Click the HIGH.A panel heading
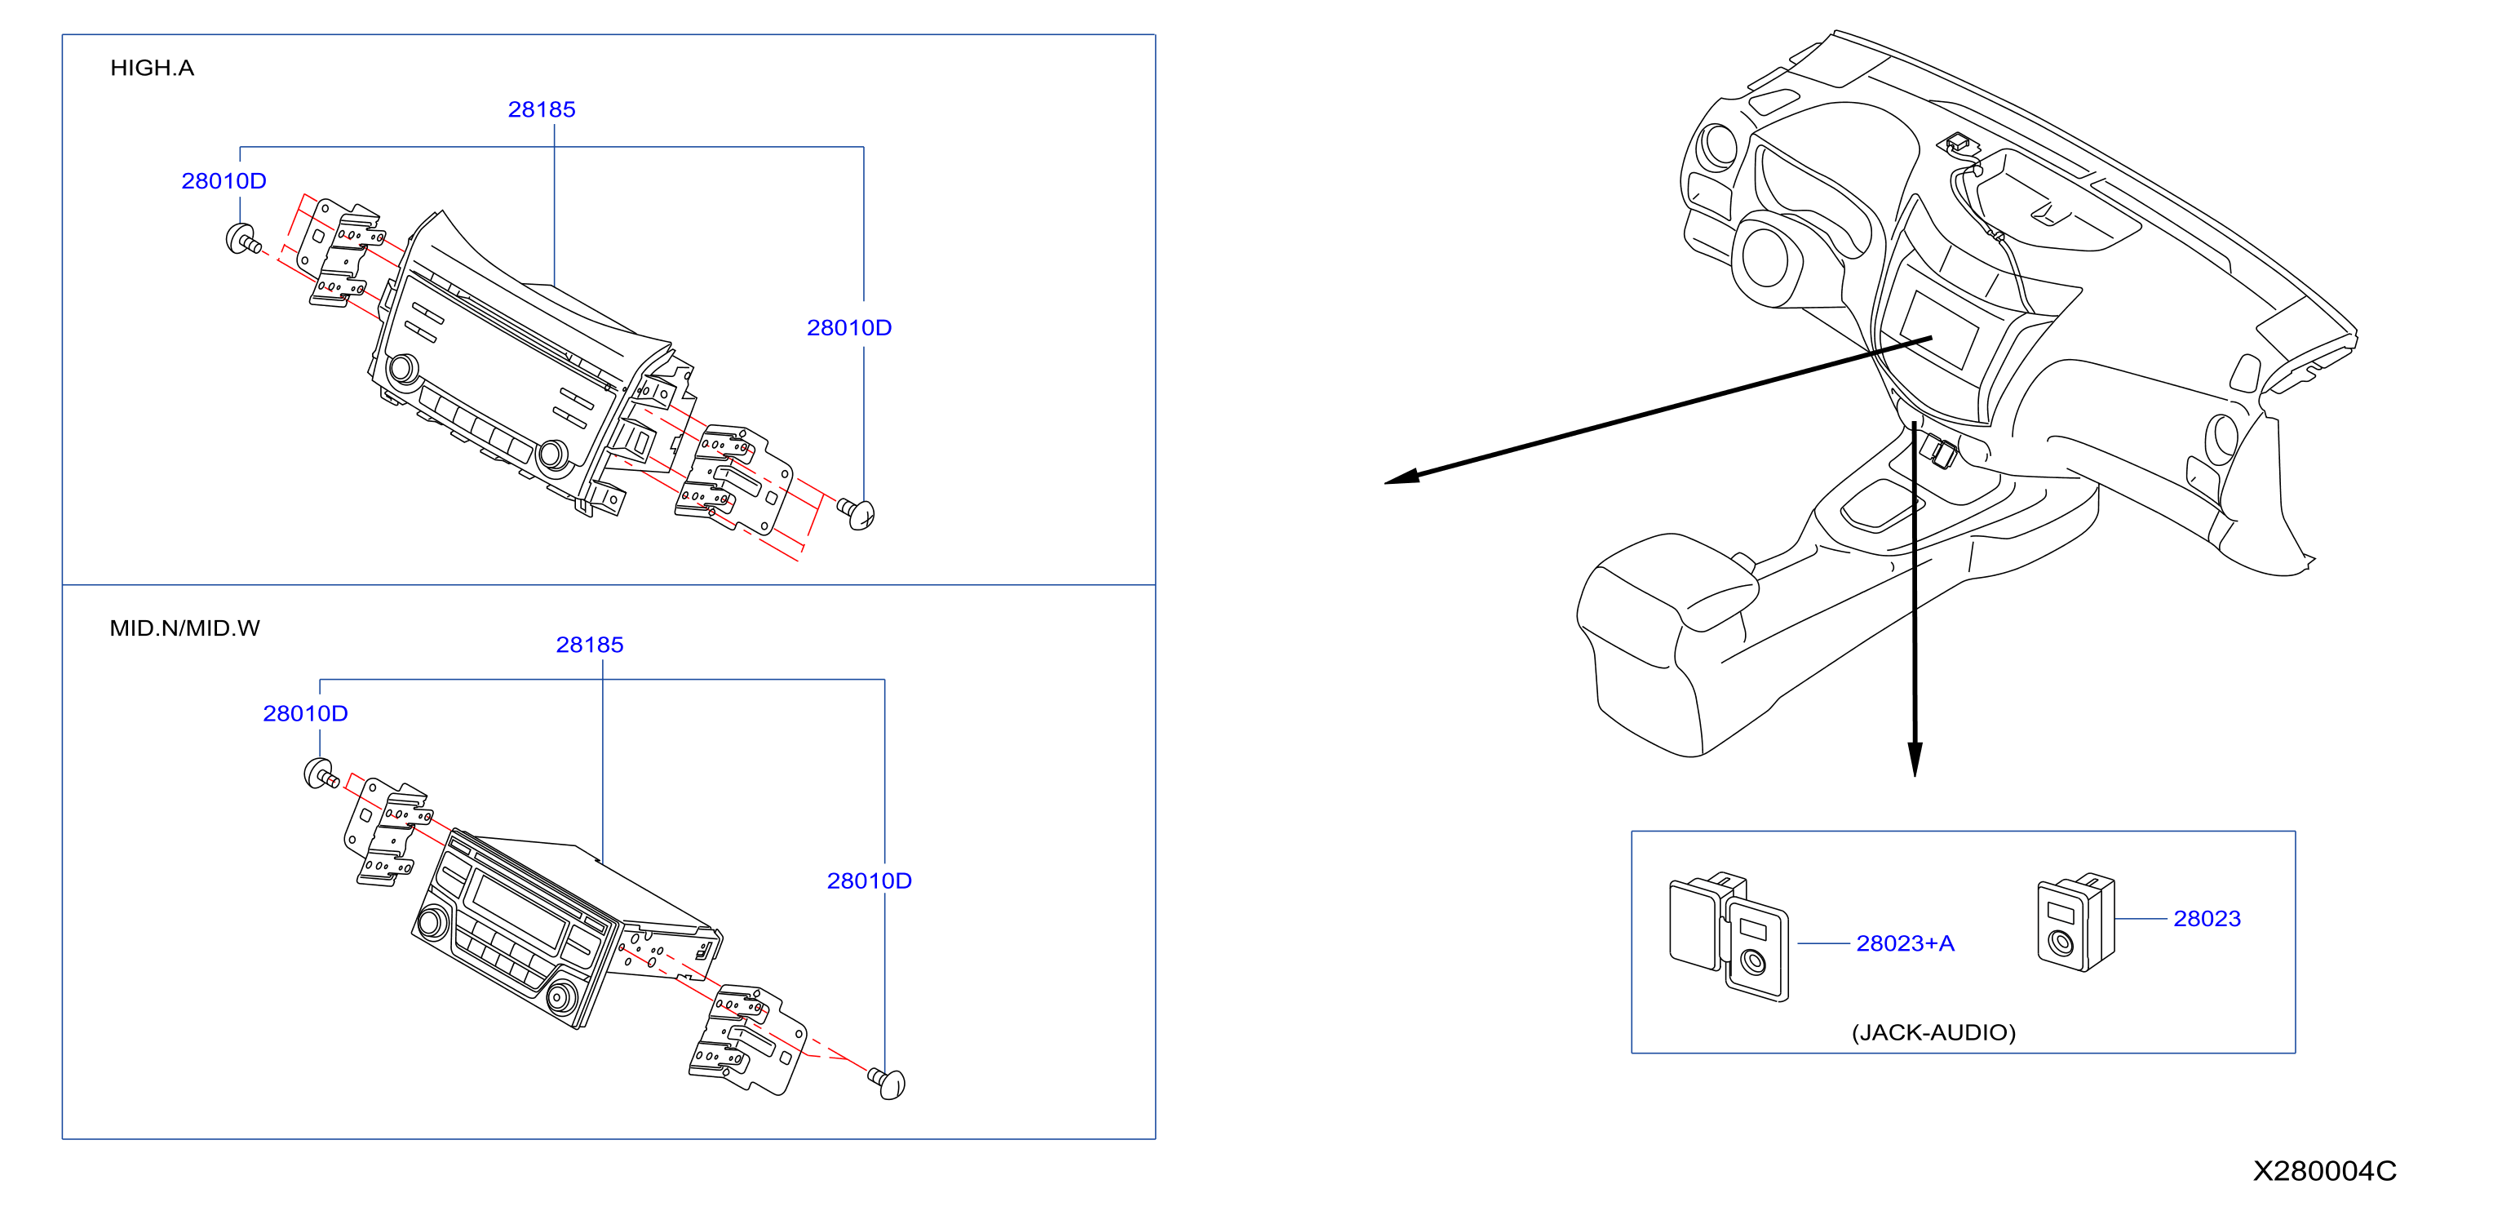152,68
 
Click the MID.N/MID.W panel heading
185,628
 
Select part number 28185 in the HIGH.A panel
542,109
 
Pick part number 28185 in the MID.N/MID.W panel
589,645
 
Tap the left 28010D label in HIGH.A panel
224,181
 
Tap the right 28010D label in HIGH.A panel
848,328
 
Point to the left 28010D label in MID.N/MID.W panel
305,713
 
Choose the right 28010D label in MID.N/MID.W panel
869,881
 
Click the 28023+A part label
1905,944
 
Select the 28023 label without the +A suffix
2207,919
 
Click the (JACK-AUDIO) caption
1933,1033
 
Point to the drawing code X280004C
2325,1171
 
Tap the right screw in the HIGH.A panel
857,513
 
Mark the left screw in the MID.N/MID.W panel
321,774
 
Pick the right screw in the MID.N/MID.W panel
888,1083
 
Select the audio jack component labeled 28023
2076,922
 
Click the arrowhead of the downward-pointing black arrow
1915,759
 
